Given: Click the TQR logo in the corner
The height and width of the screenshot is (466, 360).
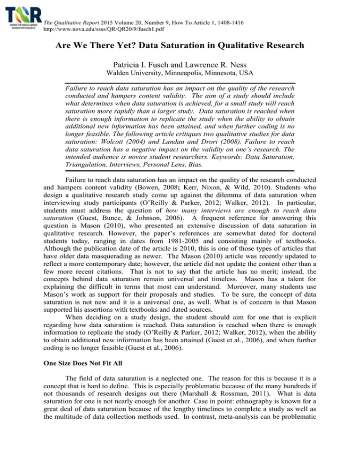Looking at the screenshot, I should click(x=21, y=17).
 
